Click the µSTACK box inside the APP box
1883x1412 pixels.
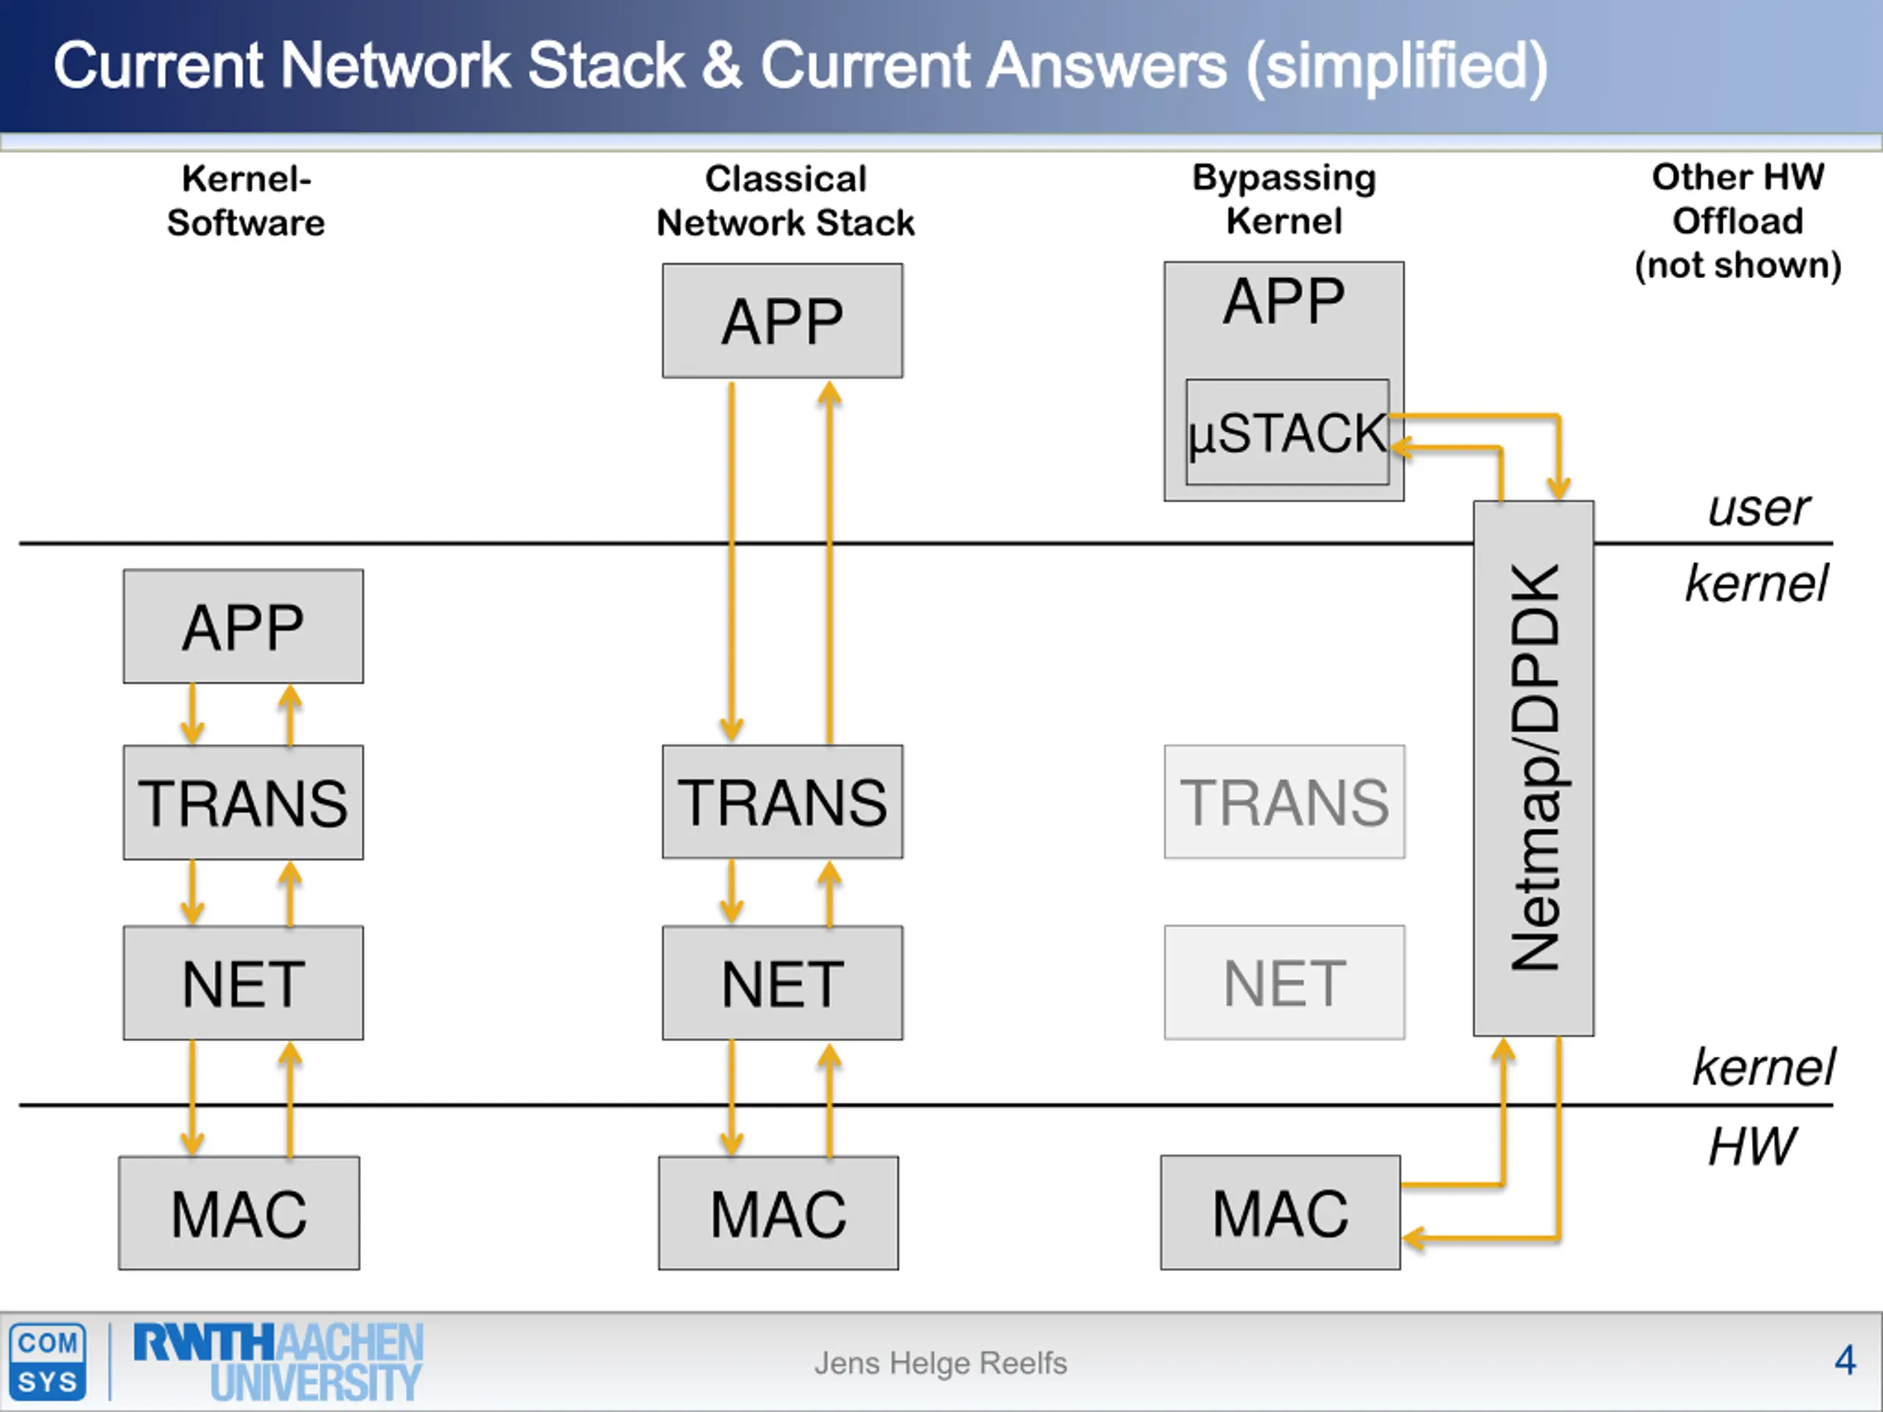pyautogui.click(x=1287, y=432)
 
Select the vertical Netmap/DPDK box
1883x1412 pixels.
pyautogui.click(x=1533, y=768)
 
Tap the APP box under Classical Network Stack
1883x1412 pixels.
pyautogui.click(x=783, y=320)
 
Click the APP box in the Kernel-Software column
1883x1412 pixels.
pyautogui.click(x=243, y=627)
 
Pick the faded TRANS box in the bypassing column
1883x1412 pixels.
pyautogui.click(x=1284, y=802)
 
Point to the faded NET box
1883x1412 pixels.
pyautogui.click(x=1284, y=983)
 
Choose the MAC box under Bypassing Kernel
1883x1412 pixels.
pyautogui.click(x=1281, y=1213)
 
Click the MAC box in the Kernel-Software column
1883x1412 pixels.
pyautogui.click(x=239, y=1213)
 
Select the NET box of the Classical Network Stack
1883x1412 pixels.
pyautogui.click(x=783, y=983)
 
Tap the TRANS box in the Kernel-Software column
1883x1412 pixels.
pyautogui.click(x=243, y=802)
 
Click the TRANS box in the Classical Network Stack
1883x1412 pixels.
pyautogui.click(x=783, y=802)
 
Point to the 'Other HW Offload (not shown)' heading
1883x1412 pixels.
pyautogui.click(x=1737, y=221)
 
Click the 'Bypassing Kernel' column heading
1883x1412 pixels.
pyautogui.click(x=1284, y=199)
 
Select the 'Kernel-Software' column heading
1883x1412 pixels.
pyautogui.click(x=246, y=201)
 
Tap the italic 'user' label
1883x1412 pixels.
pyautogui.click(x=1759, y=509)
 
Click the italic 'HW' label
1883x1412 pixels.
pyautogui.click(x=1752, y=1147)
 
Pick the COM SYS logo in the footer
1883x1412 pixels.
pyautogui.click(x=48, y=1361)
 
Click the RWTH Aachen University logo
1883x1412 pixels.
pyautogui.click(x=278, y=1362)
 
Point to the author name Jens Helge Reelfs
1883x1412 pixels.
pyautogui.click(x=941, y=1363)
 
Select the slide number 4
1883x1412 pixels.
pyautogui.click(x=1845, y=1360)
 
